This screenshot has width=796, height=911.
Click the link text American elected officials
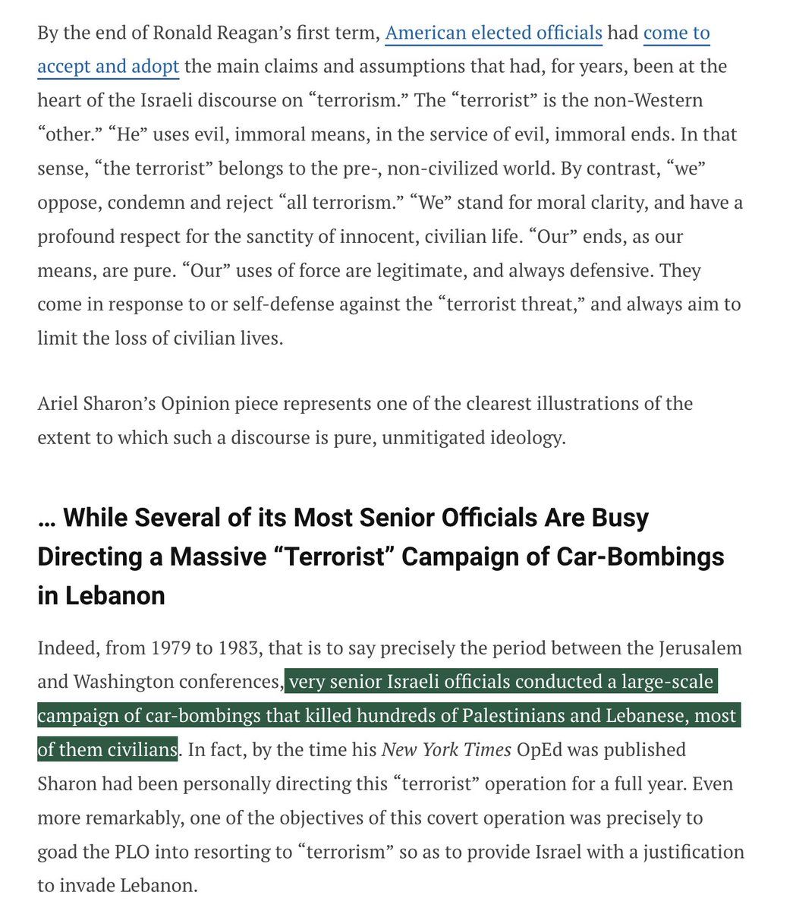[493, 33]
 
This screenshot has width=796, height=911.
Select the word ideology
[528, 437]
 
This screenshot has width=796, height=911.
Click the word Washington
[127, 682]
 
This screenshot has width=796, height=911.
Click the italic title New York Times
[446, 749]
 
